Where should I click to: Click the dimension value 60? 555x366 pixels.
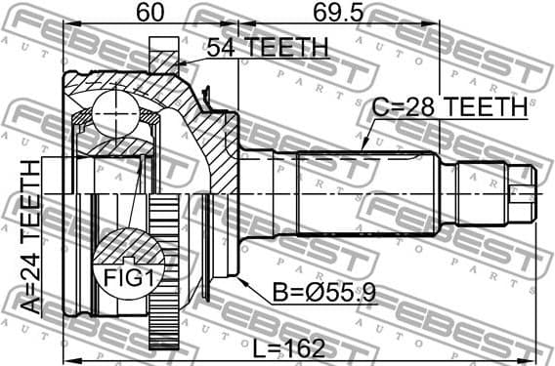tap(149, 14)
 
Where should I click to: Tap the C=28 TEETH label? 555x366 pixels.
tap(450, 106)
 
